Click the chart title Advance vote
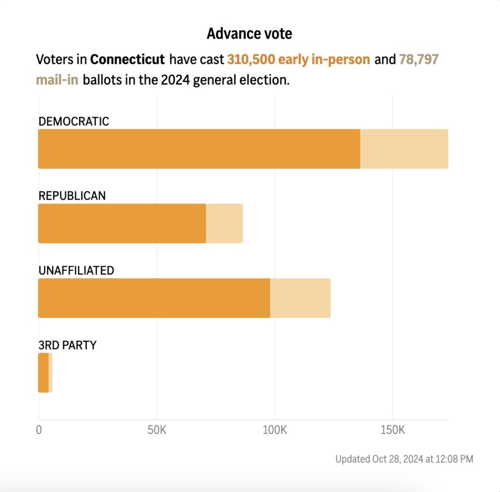[249, 34]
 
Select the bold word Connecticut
[127, 60]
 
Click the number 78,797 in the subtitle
[418, 60]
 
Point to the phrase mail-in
[57, 80]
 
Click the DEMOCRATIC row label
[74, 122]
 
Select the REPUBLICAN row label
[72, 196]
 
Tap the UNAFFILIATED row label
[76, 271]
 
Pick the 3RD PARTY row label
[67, 346]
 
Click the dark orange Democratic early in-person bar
[199, 149]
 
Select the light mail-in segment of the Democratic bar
[404, 149]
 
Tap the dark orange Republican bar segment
[122, 224]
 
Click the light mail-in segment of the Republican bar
[224, 224]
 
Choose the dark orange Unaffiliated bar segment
[154, 298]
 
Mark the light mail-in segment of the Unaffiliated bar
[300, 298]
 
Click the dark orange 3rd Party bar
[43, 373]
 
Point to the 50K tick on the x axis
[157, 431]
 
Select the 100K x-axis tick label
[274, 431]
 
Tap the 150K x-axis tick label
[393, 431]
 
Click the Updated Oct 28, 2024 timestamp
[404, 459]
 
